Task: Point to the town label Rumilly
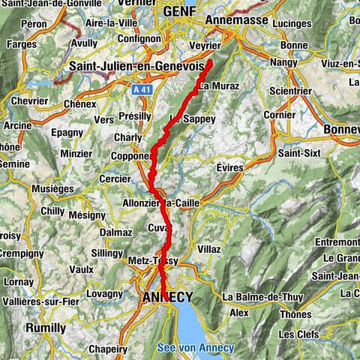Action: pyautogui.click(x=46, y=328)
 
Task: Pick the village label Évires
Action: pyautogui.click(x=229, y=168)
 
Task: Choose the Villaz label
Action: pyautogui.click(x=209, y=248)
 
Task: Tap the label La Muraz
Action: pyautogui.click(x=219, y=86)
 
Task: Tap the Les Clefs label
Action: pyautogui.click(x=296, y=333)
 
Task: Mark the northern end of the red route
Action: pyautogui.click(x=209, y=61)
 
